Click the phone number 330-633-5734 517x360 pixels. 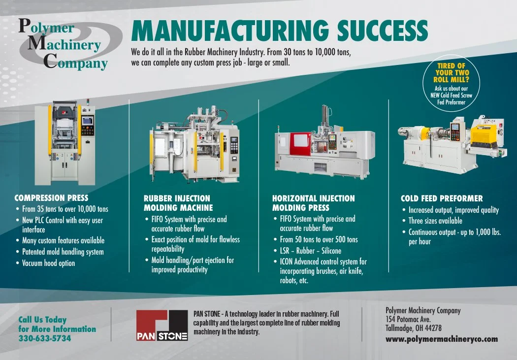pos(45,338)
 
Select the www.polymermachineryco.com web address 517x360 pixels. pos(441,339)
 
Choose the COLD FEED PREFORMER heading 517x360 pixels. pos(442,198)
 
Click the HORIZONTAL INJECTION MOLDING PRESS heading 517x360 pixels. pos(313,203)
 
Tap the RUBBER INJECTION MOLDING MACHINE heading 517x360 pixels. pos(178,203)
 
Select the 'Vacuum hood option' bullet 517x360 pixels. pos(48,263)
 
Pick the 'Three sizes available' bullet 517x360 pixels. pos(435,221)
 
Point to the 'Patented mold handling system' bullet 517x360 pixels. pos(63,252)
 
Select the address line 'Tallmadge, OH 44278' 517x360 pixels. pos(413,328)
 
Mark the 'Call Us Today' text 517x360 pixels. pos(42,320)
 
